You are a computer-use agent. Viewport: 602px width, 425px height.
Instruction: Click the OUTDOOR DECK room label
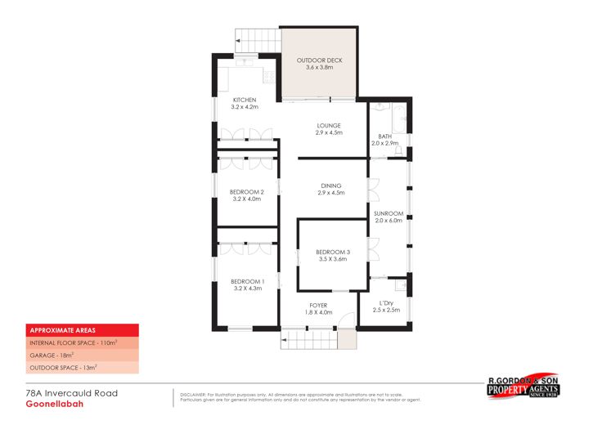point(319,60)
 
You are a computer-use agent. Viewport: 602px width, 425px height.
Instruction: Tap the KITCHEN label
point(245,100)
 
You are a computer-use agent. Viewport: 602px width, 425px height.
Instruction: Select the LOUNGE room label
point(330,125)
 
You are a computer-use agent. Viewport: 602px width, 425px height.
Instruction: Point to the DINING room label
point(330,186)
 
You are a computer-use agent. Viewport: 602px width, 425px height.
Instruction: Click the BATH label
point(384,136)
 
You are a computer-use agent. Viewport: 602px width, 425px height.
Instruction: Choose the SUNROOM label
point(389,213)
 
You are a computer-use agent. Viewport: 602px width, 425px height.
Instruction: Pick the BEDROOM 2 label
point(246,191)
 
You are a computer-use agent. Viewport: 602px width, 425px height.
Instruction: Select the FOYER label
point(318,306)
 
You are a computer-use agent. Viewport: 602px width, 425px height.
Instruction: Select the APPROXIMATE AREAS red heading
point(58,330)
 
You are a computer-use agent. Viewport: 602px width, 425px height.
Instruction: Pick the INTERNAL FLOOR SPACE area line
point(74,342)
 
